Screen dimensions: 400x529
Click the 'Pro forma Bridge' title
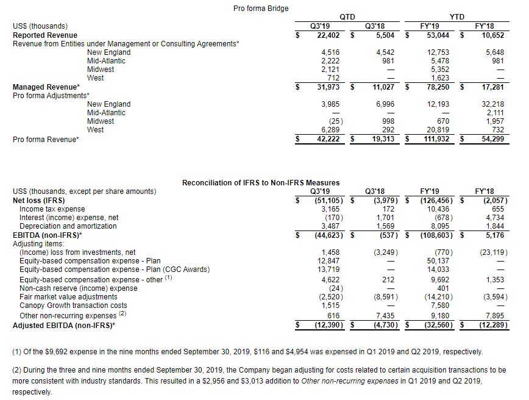(x=261, y=8)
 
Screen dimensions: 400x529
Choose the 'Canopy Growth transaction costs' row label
(x=73, y=305)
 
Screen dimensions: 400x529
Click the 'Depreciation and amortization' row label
(x=68, y=226)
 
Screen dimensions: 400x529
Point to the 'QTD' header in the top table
(x=346, y=17)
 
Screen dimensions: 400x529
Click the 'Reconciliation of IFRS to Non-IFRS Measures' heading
(x=261, y=182)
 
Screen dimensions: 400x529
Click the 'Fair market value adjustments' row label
(x=68, y=297)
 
